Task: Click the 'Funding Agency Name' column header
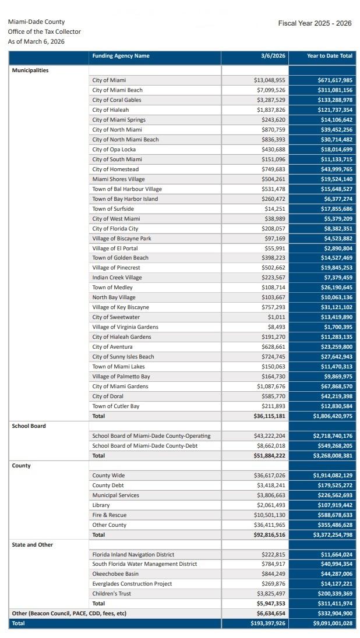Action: [x=121, y=56]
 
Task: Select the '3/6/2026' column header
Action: [x=273, y=56]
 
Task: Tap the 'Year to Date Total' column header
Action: [x=330, y=56]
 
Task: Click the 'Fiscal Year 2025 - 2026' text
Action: [x=315, y=23]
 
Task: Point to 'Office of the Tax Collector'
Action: [x=44, y=31]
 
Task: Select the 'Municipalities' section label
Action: [x=30, y=70]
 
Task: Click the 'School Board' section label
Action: [x=29, y=426]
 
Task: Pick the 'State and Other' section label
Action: [x=33, y=545]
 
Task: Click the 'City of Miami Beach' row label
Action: [x=117, y=90]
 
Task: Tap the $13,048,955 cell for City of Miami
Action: [x=269, y=80]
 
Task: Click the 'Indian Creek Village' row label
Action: [x=117, y=278]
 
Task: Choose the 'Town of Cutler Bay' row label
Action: [x=115, y=406]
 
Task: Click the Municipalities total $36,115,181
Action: [x=269, y=416]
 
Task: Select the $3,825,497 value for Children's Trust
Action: [x=271, y=594]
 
